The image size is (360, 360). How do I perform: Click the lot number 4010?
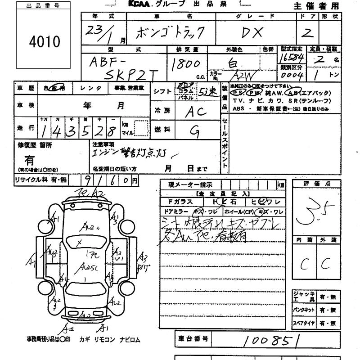[x=45, y=42]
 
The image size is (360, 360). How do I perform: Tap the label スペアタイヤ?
[x=303, y=323]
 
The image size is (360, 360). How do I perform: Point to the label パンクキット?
[x=303, y=310]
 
